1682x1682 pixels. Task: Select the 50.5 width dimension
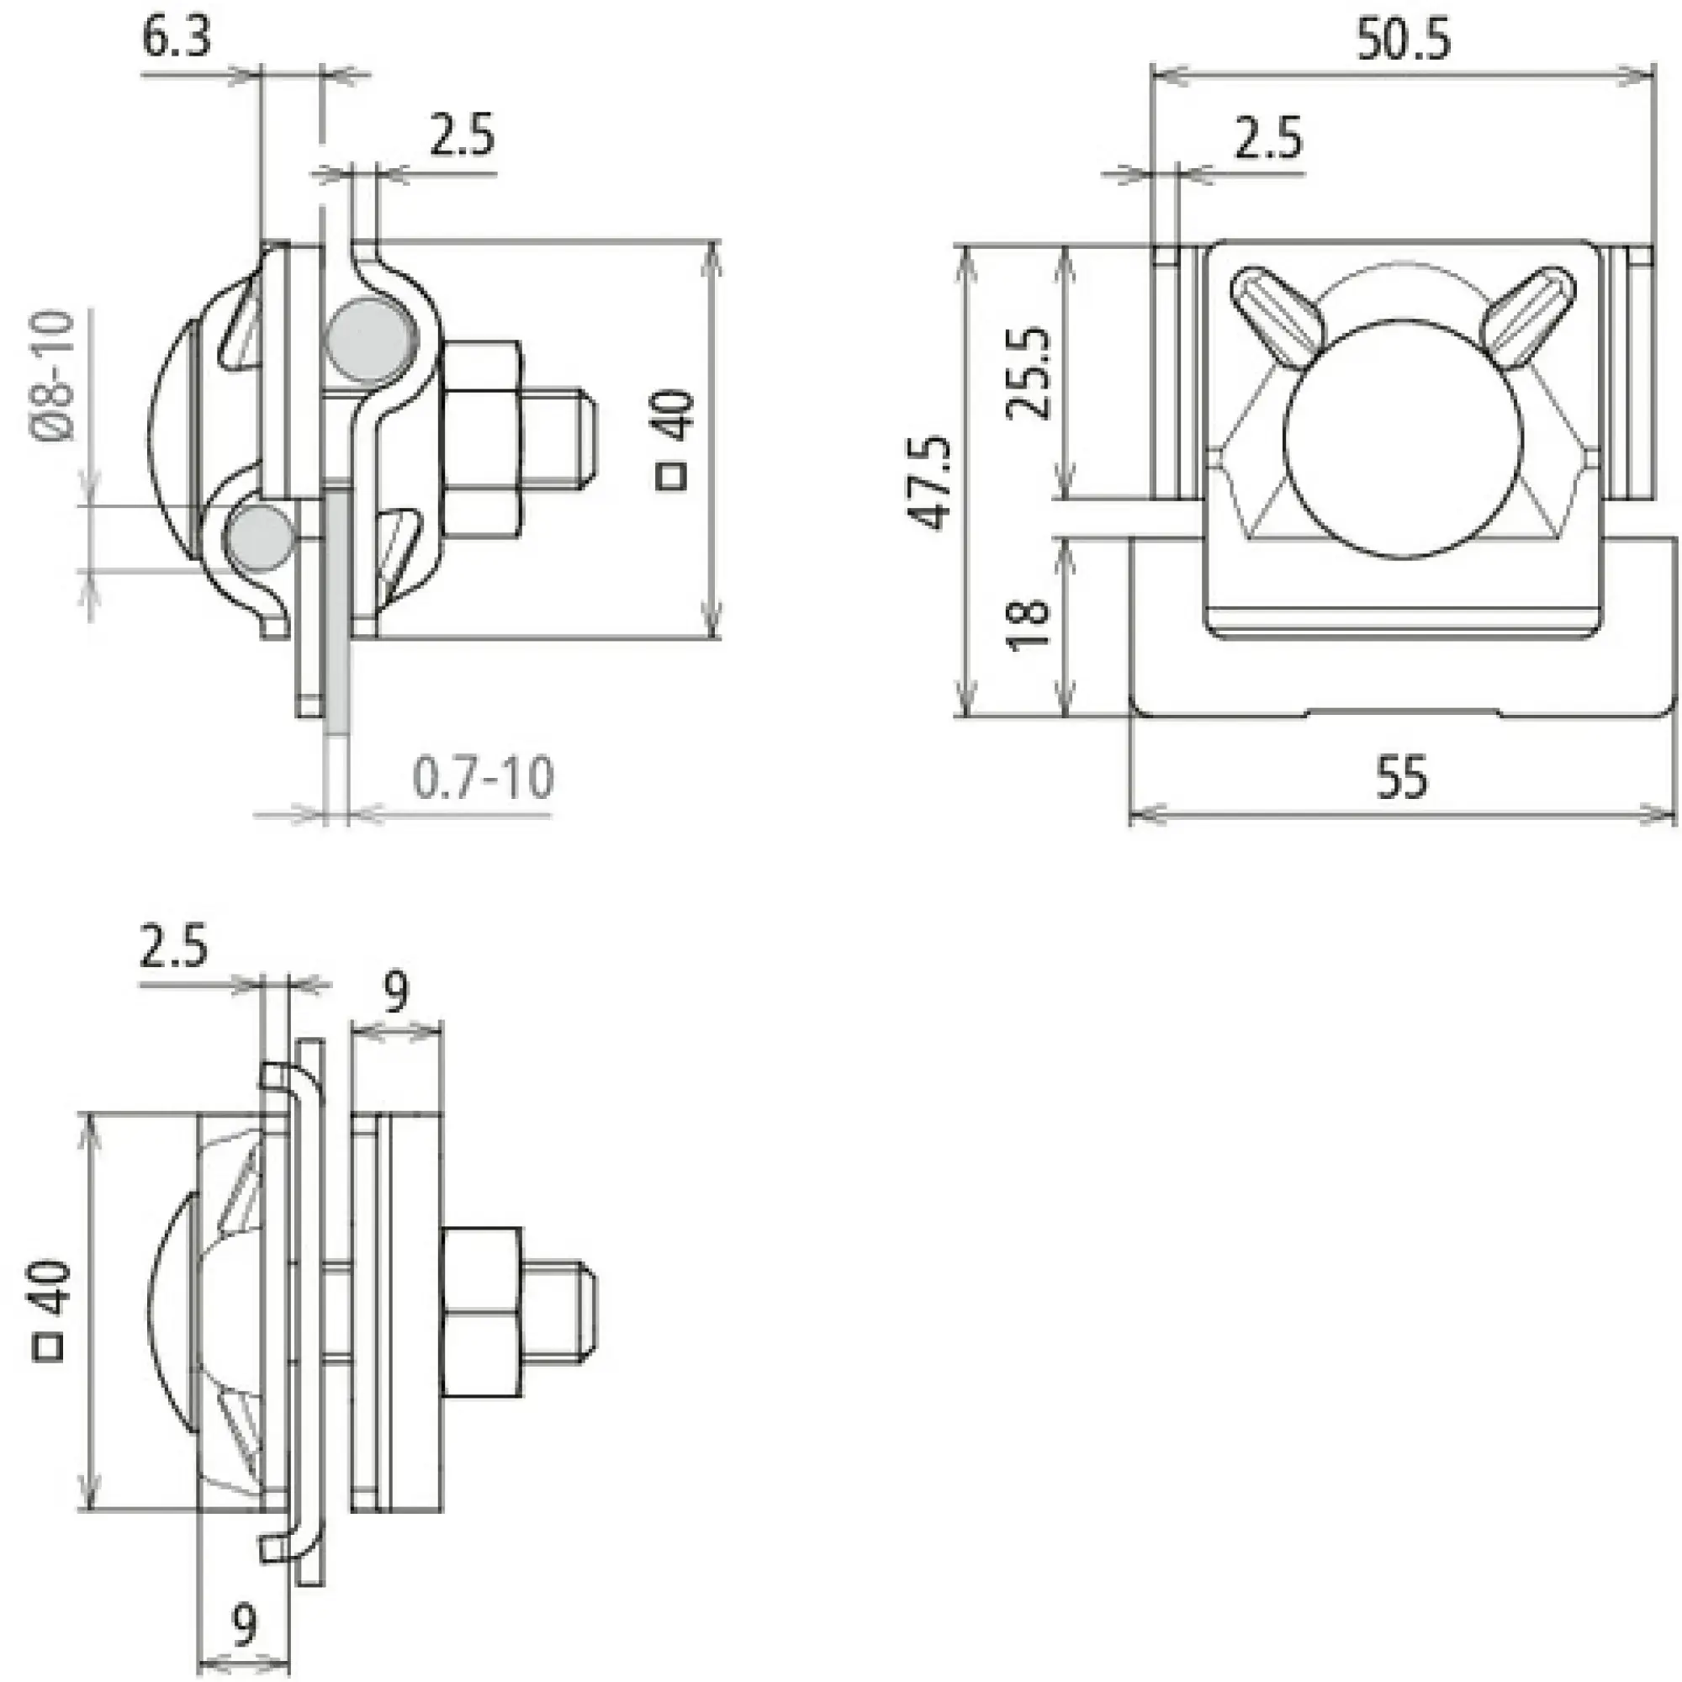(x=1404, y=40)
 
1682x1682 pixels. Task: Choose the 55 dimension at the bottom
(x=1403, y=776)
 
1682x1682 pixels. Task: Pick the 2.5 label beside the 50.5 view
(x=1268, y=138)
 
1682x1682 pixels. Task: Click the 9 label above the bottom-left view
(x=396, y=992)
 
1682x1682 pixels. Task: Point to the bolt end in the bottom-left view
(x=560, y=1311)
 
